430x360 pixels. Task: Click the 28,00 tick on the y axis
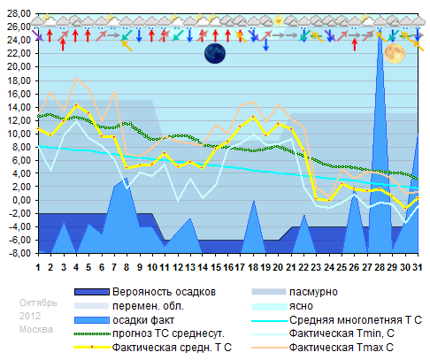pos(18,13)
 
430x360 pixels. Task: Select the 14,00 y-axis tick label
pos(18,106)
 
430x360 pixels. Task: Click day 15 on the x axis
pos(216,266)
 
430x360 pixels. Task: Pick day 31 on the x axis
pos(418,266)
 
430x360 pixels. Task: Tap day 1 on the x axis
pos(38,266)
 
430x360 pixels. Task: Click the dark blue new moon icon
pos(216,54)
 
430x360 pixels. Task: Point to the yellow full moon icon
pos(394,54)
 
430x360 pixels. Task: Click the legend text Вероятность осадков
pos(165,291)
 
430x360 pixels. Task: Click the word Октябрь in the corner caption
pos(38,302)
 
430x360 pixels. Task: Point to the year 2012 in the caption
pos(31,316)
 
